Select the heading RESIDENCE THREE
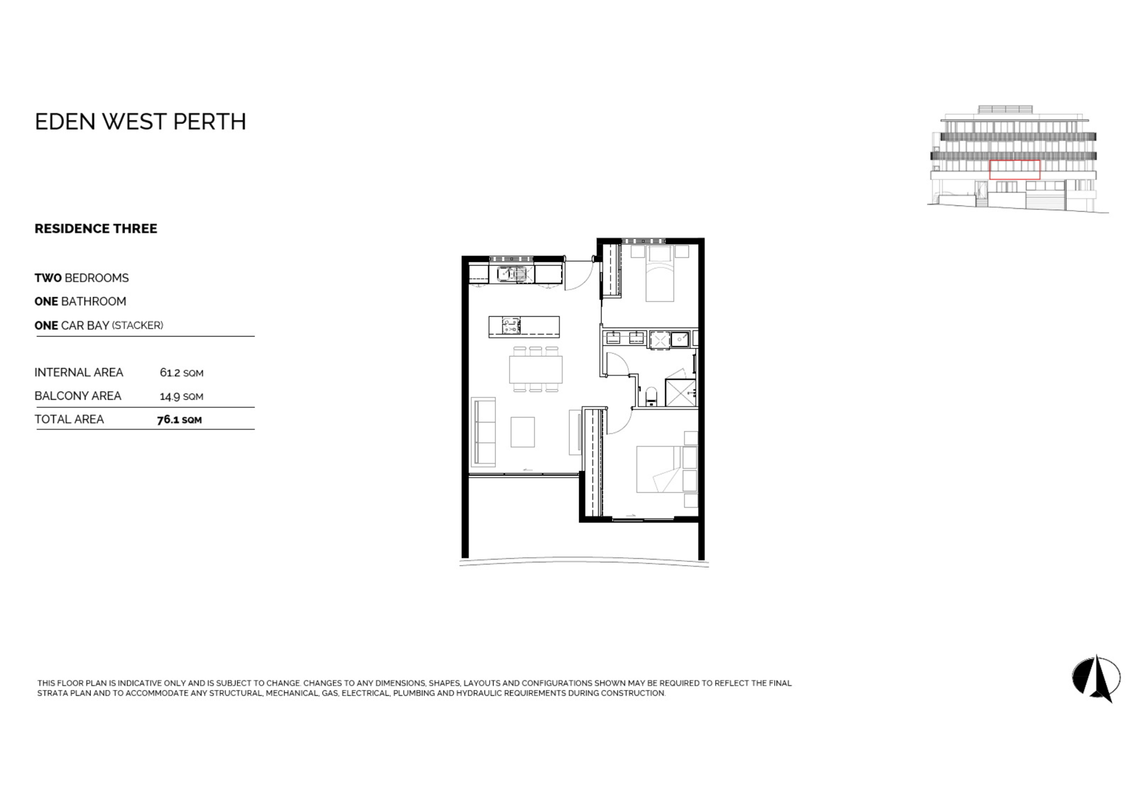point(96,228)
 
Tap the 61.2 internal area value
point(170,373)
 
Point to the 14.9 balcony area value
point(170,396)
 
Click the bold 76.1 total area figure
point(168,420)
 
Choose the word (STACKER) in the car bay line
point(137,325)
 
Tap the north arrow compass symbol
point(1097,679)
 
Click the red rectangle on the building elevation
point(1015,169)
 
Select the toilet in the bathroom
point(651,397)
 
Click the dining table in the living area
point(536,370)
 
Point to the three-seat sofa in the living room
point(483,432)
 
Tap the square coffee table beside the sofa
point(523,432)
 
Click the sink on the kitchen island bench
point(511,326)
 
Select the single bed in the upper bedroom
point(660,273)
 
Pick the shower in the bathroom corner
point(680,392)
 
